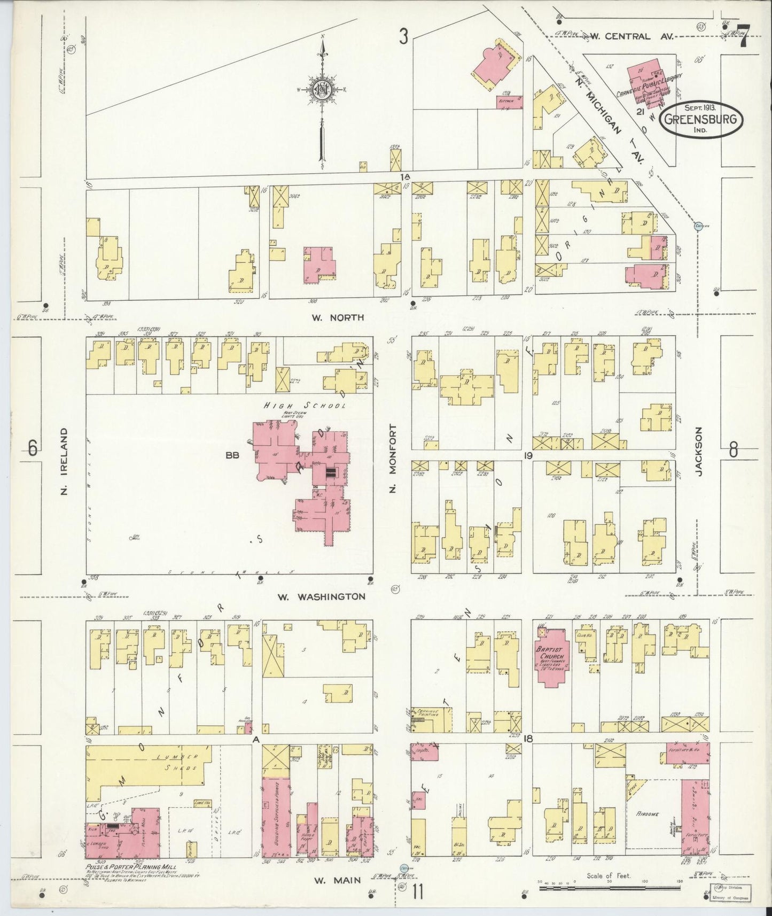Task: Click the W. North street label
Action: point(338,317)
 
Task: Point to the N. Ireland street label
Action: point(64,460)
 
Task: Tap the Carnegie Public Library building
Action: point(649,84)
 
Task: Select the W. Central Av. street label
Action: point(621,36)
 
